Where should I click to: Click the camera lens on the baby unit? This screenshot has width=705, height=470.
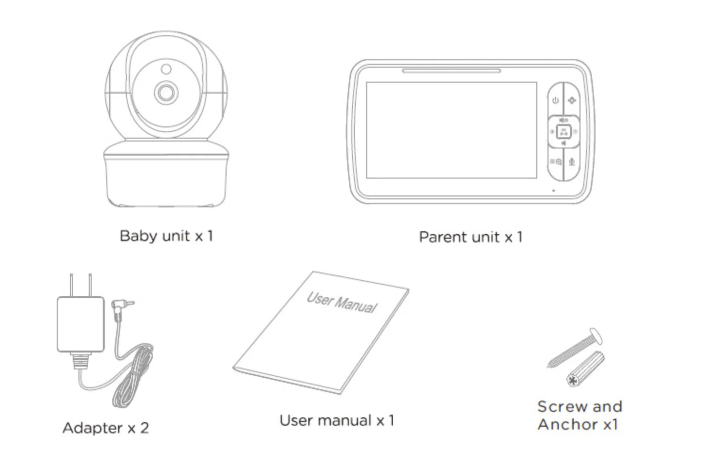click(x=166, y=92)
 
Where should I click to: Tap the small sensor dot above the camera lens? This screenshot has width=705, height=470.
click(x=166, y=69)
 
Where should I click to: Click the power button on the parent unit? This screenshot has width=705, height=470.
click(x=555, y=101)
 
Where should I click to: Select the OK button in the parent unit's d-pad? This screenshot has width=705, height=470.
click(x=564, y=131)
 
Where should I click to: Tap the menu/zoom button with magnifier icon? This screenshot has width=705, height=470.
click(x=555, y=162)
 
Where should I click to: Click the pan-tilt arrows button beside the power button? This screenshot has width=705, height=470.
click(x=572, y=101)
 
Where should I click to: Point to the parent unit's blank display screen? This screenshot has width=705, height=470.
click(x=451, y=130)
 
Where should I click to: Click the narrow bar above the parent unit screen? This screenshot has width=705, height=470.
click(x=451, y=71)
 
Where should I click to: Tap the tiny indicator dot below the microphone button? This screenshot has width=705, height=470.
click(x=553, y=190)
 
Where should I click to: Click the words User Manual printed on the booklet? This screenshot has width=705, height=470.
click(x=342, y=302)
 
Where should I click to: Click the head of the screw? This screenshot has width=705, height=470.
click(x=595, y=336)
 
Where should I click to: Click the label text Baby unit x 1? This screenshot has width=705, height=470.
click(x=166, y=236)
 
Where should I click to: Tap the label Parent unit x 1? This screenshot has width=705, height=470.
click(x=470, y=237)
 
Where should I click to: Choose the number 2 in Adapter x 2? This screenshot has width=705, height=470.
click(x=144, y=428)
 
